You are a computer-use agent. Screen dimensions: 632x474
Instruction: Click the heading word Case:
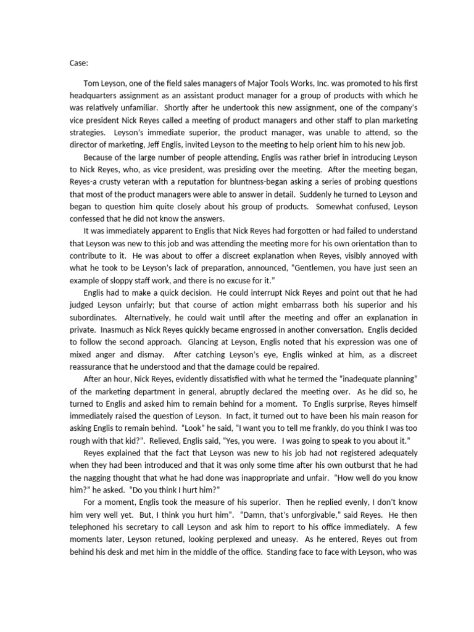78,62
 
